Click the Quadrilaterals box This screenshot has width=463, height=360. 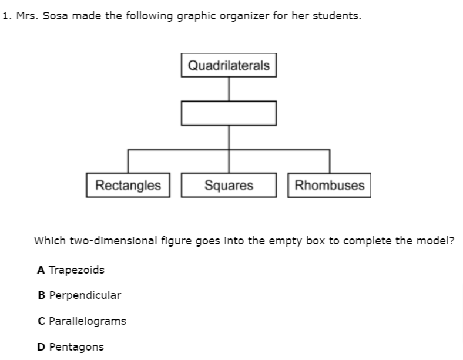pos(229,65)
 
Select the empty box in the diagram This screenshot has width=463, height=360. pos(229,113)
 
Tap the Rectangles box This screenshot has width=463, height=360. pos(128,186)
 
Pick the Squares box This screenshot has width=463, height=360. pos(229,186)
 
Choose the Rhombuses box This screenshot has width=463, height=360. pos(330,186)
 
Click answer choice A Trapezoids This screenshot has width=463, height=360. pos(71,270)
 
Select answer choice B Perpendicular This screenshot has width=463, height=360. pos(79,295)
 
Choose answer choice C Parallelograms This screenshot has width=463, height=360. pos(81,321)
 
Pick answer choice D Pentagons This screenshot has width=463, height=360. pos(70,347)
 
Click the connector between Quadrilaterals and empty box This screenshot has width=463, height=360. pos(229,89)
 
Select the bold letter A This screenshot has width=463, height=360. pos(41,270)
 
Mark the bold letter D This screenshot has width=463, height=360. pos(41,347)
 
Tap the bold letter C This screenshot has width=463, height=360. pos(41,321)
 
